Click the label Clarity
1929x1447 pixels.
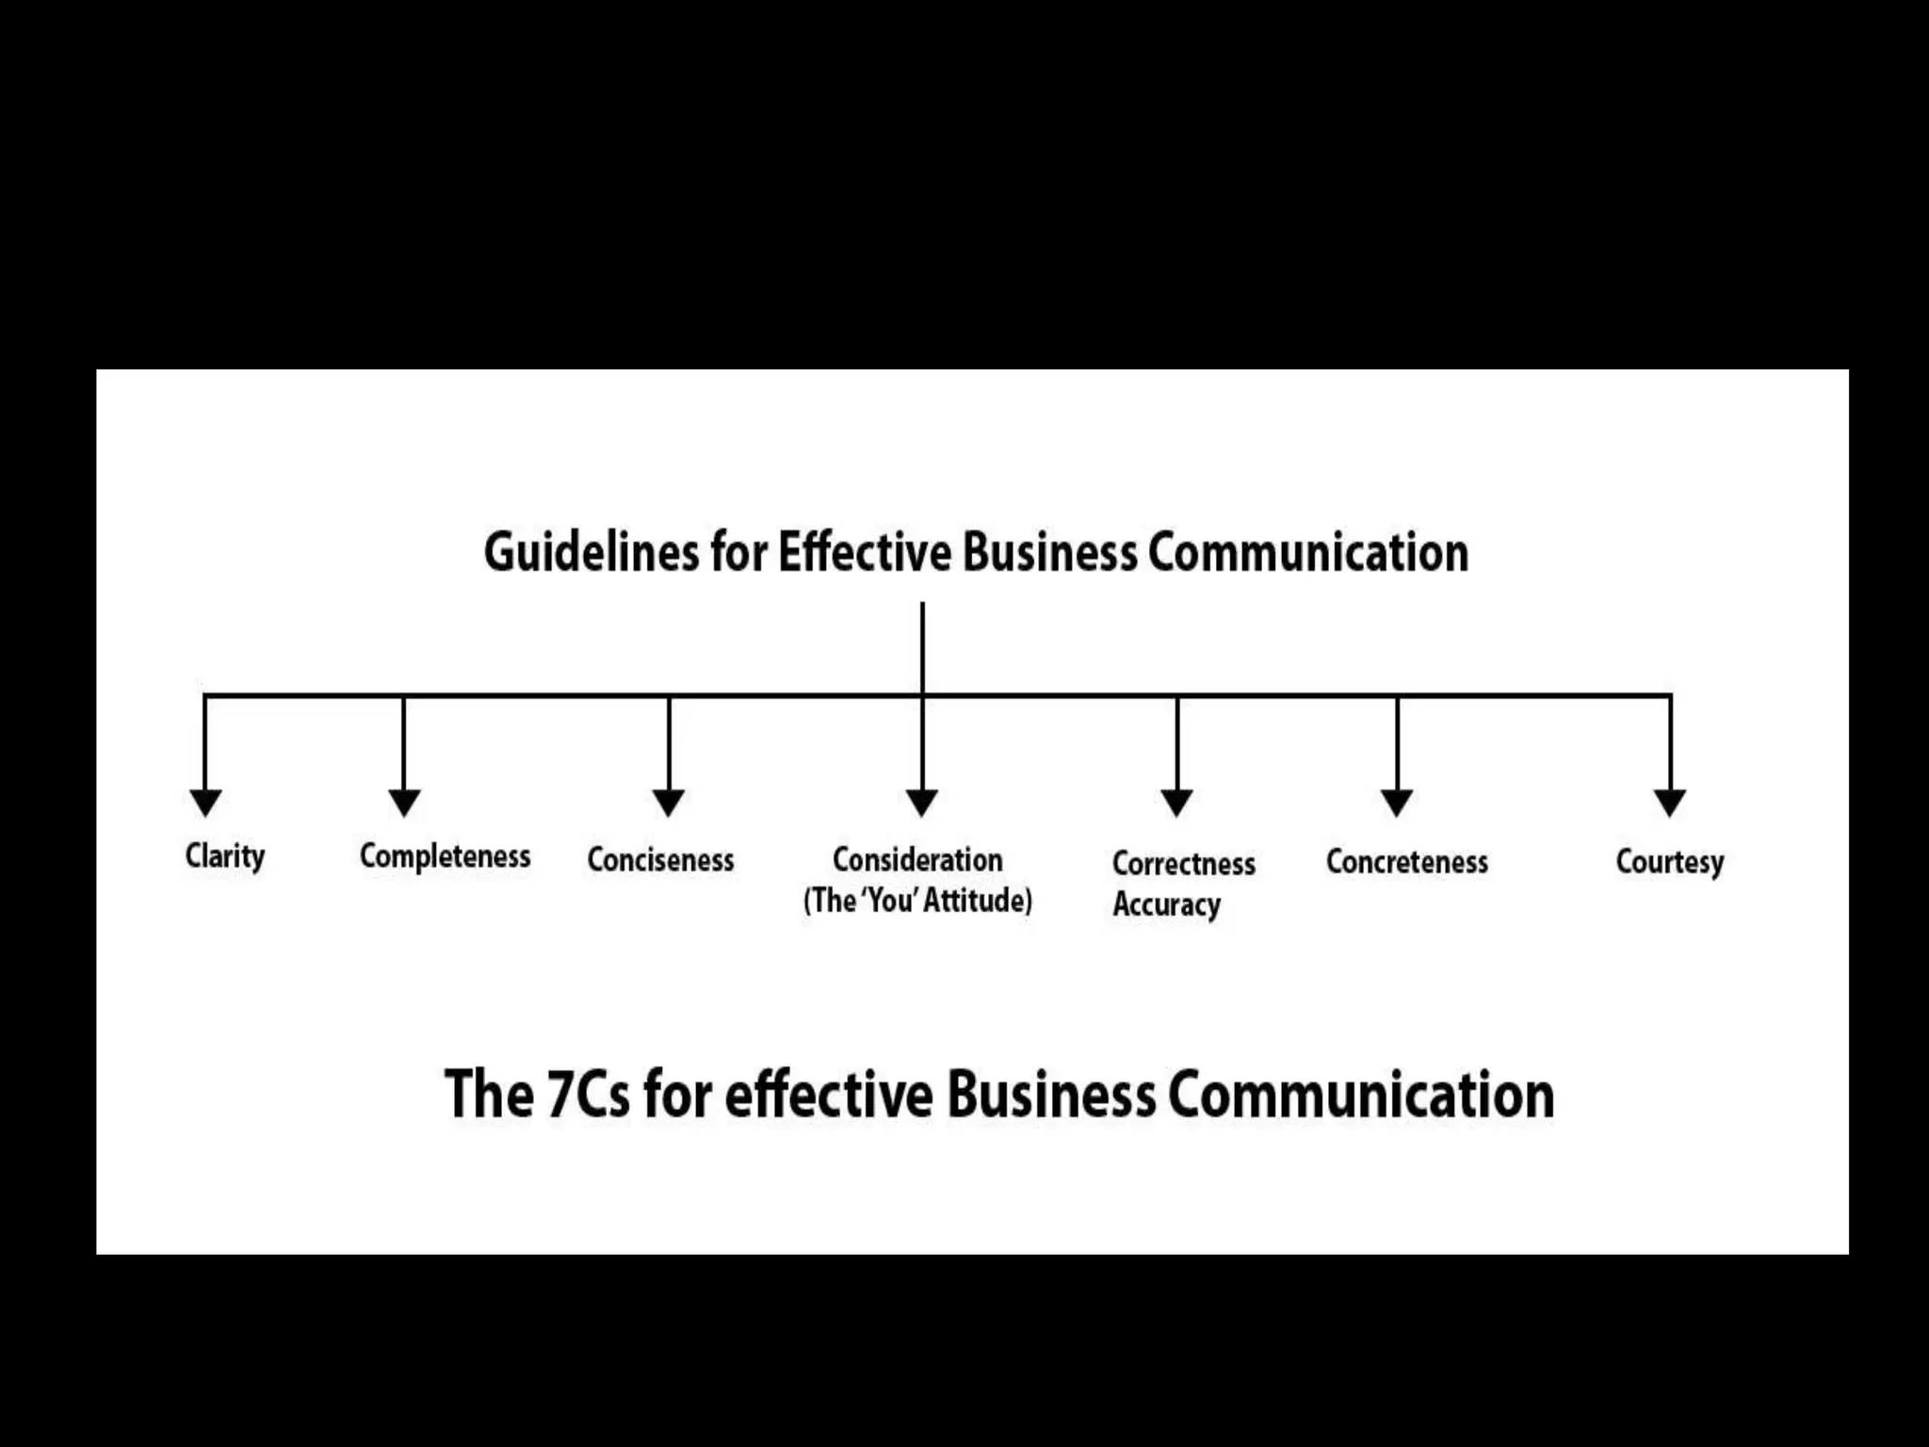[x=225, y=856]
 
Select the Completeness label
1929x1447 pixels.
[x=445, y=856]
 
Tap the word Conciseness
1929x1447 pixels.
[x=660, y=859]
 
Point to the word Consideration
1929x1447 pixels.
[x=917, y=859]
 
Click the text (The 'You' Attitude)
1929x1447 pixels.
[x=917, y=901]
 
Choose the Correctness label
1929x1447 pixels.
[x=1183, y=863]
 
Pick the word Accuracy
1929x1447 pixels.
[x=1166, y=904]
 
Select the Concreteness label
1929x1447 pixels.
[x=1406, y=861]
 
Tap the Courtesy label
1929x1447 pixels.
[x=1669, y=861]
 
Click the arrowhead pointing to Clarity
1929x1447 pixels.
[x=205, y=803]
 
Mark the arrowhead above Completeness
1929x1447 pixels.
[x=404, y=803]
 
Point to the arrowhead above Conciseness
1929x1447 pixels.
[x=669, y=803]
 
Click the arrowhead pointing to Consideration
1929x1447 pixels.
[x=922, y=803]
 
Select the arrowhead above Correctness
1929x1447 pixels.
[x=1176, y=803]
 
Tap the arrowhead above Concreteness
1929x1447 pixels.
[x=1397, y=803]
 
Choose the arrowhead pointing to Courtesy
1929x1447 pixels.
[x=1670, y=803]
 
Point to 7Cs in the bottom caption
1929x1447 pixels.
[x=588, y=1095]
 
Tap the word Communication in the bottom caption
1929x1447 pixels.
[x=1360, y=1095]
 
